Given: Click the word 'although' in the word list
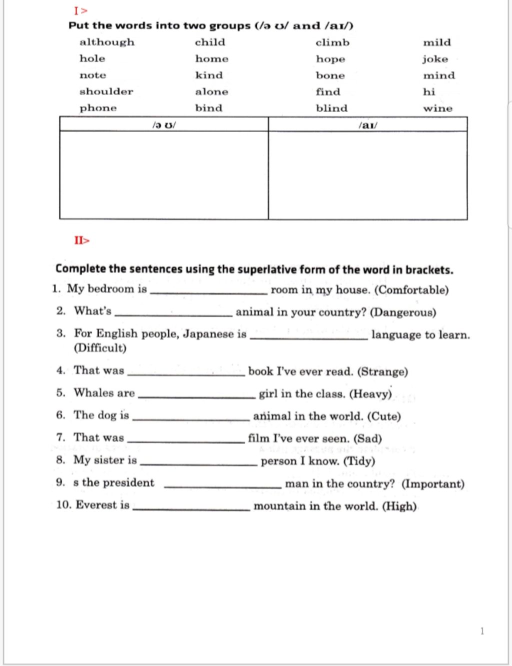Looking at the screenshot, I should pos(107,42).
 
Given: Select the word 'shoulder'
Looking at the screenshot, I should pos(106,91).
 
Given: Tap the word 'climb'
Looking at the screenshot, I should pos(332,42).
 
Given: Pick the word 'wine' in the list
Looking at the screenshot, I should pos(437,108).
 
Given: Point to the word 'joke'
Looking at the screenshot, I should pos(434,59).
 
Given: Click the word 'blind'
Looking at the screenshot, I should pos(331,108).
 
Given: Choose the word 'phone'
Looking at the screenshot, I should pos(98,108).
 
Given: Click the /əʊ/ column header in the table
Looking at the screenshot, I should pos(164,124).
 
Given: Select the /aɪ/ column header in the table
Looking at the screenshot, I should pos(368,124).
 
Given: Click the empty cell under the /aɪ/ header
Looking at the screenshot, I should pos(368,175).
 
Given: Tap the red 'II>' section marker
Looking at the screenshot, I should pos(82,240).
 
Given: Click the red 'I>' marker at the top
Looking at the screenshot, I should pos(80,10).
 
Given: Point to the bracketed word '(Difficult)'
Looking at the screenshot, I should pos(100,348).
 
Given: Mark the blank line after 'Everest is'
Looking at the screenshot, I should pos(191,508).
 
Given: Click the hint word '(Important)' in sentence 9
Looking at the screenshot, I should pos(433,484).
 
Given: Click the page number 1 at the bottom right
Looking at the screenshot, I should pos(482,631).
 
